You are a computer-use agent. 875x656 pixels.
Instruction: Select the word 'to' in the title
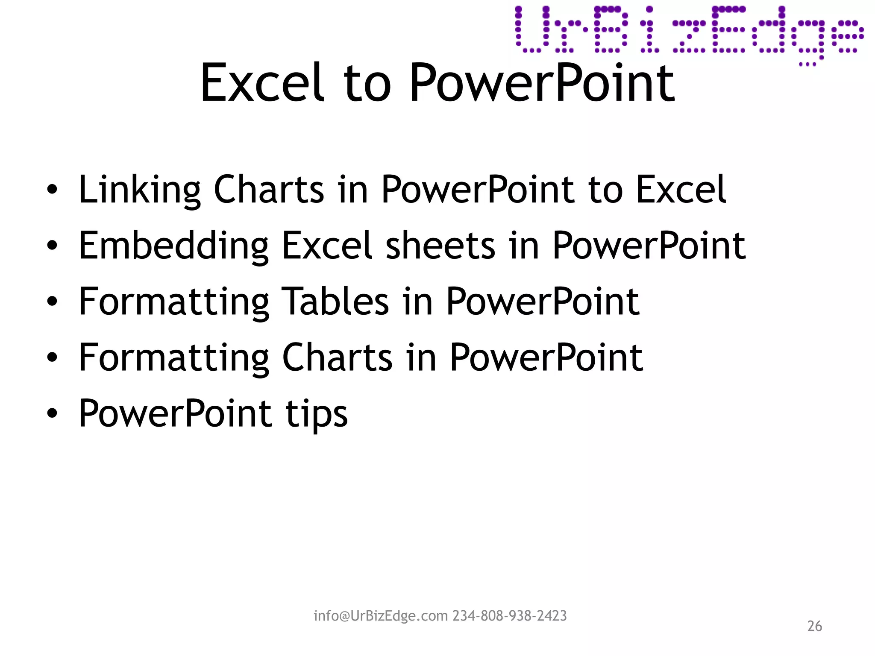pyautogui.click(x=367, y=83)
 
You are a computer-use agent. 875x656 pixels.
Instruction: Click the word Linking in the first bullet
pyautogui.click(x=139, y=190)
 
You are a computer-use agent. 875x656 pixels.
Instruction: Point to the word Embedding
pyautogui.click(x=173, y=246)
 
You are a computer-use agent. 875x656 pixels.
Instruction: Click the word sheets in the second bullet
pyautogui.click(x=440, y=246)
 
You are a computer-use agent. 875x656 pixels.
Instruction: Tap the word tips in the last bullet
pyautogui.click(x=317, y=414)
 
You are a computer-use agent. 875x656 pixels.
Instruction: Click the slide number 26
pyautogui.click(x=814, y=626)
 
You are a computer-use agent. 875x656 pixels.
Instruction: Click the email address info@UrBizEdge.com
pyautogui.click(x=381, y=616)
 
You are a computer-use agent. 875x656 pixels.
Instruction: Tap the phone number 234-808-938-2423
pyautogui.click(x=510, y=616)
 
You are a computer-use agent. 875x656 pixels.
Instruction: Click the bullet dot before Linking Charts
pyautogui.click(x=52, y=190)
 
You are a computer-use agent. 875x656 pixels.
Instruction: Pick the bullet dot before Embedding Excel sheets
pyautogui.click(x=52, y=246)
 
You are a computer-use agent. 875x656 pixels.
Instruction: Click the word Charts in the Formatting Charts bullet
pyautogui.click(x=337, y=357)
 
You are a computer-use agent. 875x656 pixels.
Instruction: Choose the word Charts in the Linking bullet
pyautogui.click(x=269, y=190)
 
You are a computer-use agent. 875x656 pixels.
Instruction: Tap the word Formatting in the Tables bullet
pyautogui.click(x=173, y=302)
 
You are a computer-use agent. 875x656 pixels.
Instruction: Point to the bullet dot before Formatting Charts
pyautogui.click(x=52, y=357)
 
